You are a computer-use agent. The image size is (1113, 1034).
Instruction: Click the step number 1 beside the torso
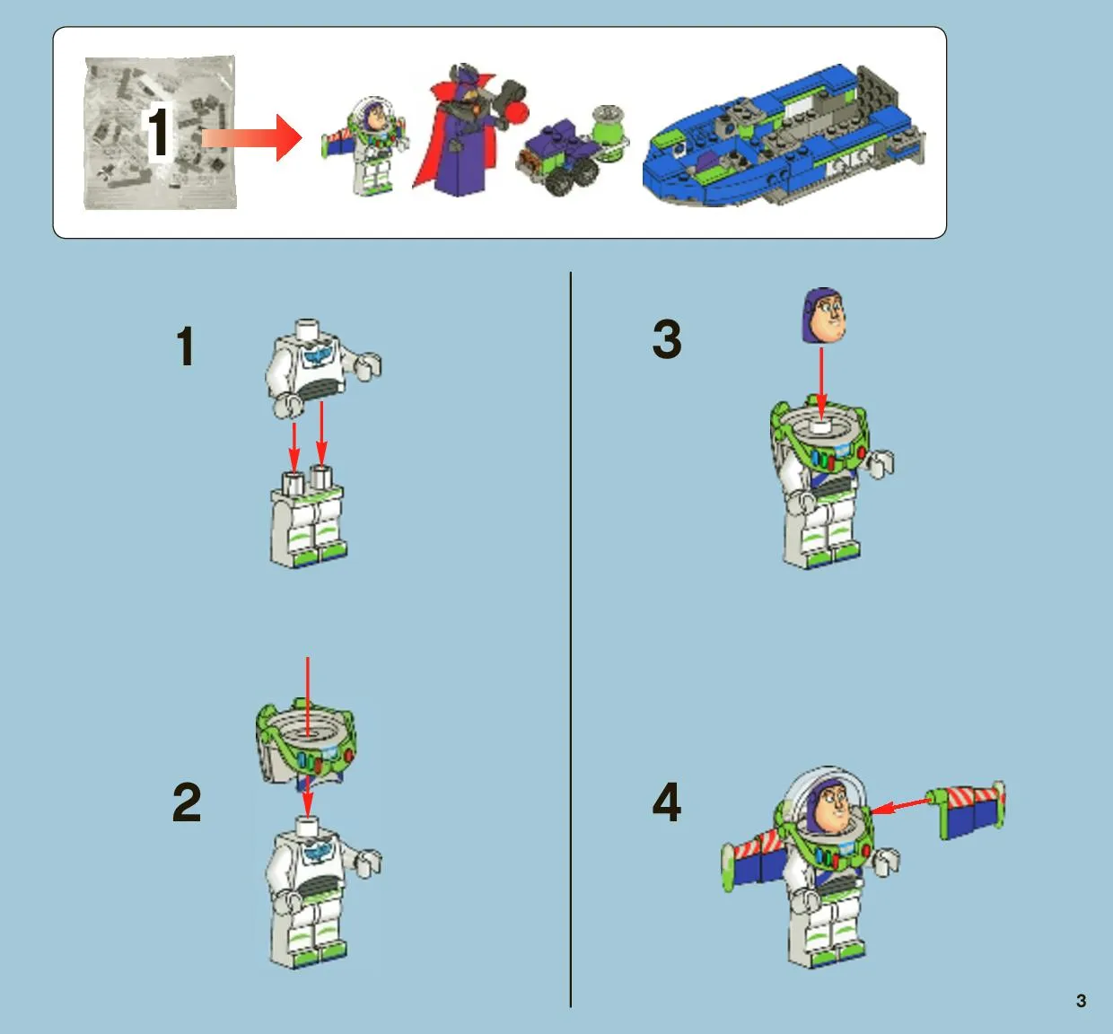point(186,346)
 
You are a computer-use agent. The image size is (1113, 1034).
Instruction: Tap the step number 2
point(187,802)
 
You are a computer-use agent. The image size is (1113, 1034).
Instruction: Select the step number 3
point(667,338)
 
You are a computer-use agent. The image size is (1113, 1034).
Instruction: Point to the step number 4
point(666,802)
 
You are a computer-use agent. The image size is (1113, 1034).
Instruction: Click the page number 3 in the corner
point(1081,1001)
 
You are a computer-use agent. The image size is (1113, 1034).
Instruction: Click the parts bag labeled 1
point(161,132)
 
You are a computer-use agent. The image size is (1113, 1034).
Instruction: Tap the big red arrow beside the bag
point(251,138)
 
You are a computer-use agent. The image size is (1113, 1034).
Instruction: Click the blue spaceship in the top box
point(784,136)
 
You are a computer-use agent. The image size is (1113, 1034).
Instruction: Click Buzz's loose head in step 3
point(823,316)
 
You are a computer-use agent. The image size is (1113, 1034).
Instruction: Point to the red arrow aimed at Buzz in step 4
point(901,806)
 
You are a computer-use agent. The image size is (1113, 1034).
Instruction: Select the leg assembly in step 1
point(308,516)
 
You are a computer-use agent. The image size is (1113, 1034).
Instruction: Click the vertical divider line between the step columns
point(571,639)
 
